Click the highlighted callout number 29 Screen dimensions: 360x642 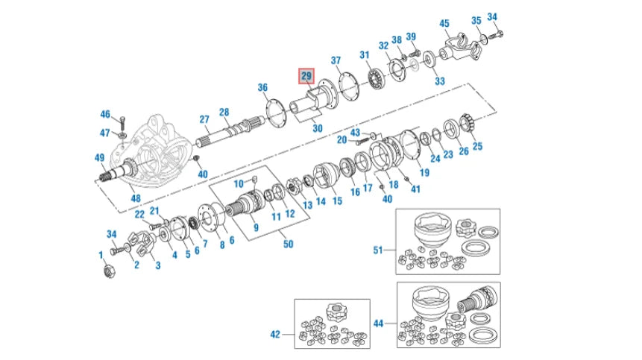coord(307,76)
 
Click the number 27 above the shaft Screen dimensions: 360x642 coord(204,119)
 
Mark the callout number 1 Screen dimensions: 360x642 coord(101,255)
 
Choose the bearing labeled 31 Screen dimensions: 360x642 coord(377,78)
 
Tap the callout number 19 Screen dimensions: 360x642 coord(424,173)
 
